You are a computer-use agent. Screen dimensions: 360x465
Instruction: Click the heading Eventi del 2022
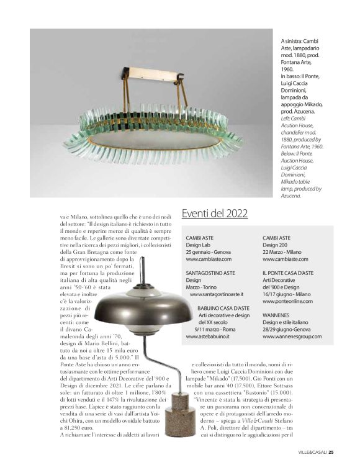(214, 214)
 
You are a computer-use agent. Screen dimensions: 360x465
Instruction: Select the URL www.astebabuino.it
(208, 336)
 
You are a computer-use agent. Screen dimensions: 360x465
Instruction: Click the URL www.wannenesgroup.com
(292, 336)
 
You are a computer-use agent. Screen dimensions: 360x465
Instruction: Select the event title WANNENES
(276, 315)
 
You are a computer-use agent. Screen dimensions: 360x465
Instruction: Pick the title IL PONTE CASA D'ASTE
(288, 273)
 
